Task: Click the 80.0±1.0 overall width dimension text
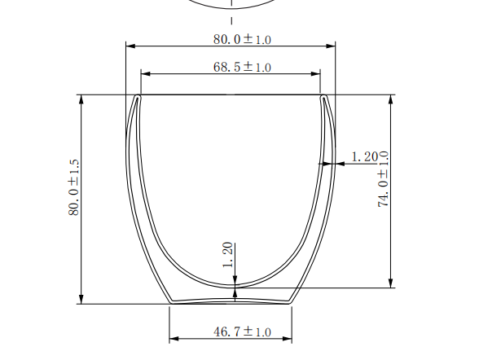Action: click(x=241, y=38)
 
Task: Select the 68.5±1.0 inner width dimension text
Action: click(x=242, y=67)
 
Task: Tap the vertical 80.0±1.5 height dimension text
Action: click(x=73, y=187)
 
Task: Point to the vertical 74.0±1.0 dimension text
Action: click(x=383, y=179)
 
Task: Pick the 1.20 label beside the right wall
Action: click(x=364, y=156)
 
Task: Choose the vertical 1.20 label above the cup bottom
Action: click(x=228, y=256)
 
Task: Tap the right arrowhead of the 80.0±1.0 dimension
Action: click(x=331, y=46)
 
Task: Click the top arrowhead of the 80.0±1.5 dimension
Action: click(x=81, y=99)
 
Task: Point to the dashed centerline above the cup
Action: click(x=231, y=20)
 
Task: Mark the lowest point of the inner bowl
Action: click(x=235, y=286)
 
